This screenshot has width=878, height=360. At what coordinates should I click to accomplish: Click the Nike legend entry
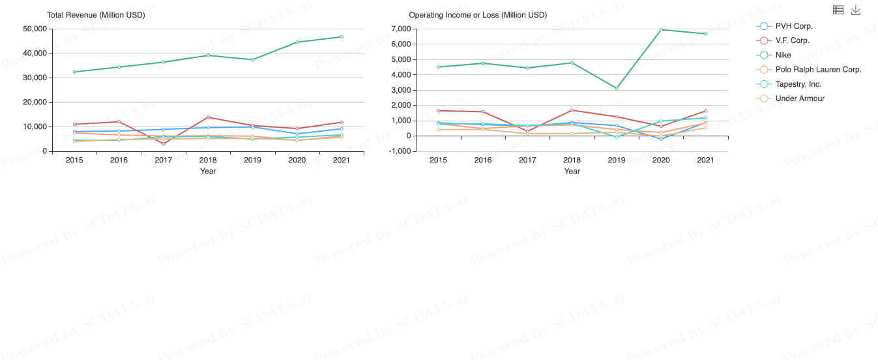click(783, 55)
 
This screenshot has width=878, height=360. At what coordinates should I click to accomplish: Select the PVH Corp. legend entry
click(793, 26)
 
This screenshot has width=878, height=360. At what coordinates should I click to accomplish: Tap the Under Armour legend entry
click(800, 98)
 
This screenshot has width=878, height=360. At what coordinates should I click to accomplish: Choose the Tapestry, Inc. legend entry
click(798, 84)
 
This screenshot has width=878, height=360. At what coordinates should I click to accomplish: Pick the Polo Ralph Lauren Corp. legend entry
click(818, 69)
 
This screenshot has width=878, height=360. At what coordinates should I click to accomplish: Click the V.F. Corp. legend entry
click(792, 40)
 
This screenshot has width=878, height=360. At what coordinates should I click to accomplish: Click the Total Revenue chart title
click(96, 14)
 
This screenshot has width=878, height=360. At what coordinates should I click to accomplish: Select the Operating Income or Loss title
click(478, 14)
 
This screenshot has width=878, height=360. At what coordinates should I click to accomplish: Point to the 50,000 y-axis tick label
click(35, 29)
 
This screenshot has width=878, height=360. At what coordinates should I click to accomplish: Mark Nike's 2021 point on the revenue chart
click(342, 37)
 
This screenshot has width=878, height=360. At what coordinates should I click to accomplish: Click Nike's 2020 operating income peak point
click(661, 29)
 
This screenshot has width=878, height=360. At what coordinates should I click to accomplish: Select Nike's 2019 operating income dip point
click(617, 88)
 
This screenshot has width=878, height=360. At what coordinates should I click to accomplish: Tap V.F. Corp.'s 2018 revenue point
click(208, 117)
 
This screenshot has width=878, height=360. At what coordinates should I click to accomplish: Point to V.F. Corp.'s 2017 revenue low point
click(164, 143)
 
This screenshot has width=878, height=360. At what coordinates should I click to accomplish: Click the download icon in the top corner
click(856, 10)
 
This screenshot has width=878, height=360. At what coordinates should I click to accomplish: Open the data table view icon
click(838, 10)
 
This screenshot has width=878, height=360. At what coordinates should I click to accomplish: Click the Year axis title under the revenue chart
click(208, 172)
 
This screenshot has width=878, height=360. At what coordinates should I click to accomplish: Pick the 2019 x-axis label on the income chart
click(617, 160)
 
